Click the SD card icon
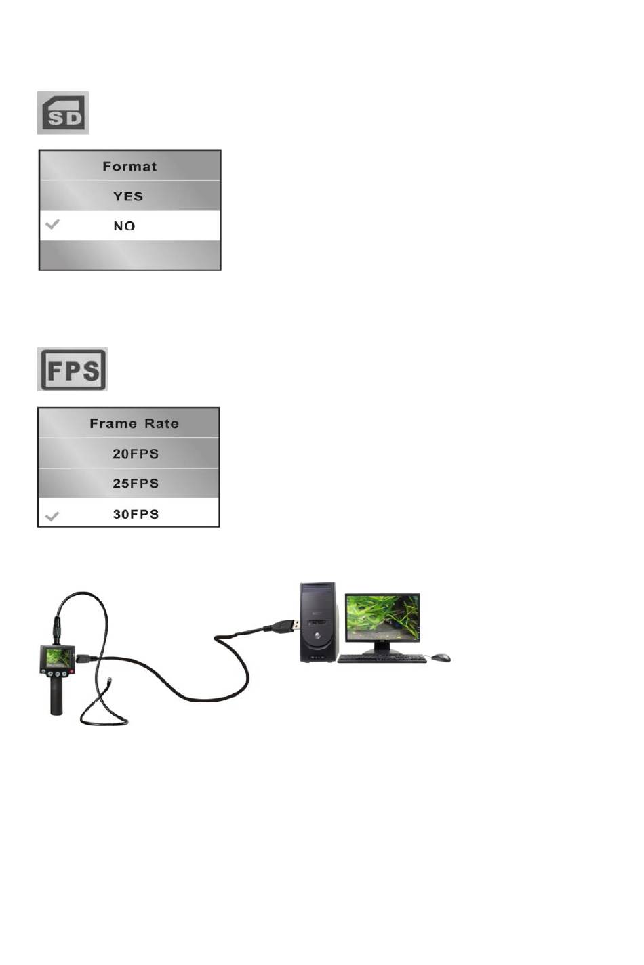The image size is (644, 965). tap(63, 113)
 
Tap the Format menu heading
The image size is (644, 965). tap(129, 166)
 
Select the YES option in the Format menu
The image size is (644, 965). tap(128, 196)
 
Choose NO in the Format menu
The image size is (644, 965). tap(125, 226)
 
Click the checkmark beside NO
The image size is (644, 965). tap(52, 224)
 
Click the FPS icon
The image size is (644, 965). tap(73, 370)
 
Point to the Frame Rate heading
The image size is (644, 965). tap(134, 424)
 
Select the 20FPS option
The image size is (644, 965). tap(136, 454)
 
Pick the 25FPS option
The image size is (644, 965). tap(136, 484)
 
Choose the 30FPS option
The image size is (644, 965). tap(136, 514)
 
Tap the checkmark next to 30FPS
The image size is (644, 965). tap(52, 517)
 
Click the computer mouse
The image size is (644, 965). tap(441, 658)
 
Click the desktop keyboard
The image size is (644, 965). tap(382, 658)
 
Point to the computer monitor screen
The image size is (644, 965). tap(382, 617)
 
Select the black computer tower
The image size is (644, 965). tap(319, 622)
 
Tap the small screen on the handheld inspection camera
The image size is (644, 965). tap(58, 657)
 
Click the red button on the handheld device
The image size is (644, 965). tap(71, 672)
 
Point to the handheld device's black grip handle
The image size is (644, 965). tap(56, 698)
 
